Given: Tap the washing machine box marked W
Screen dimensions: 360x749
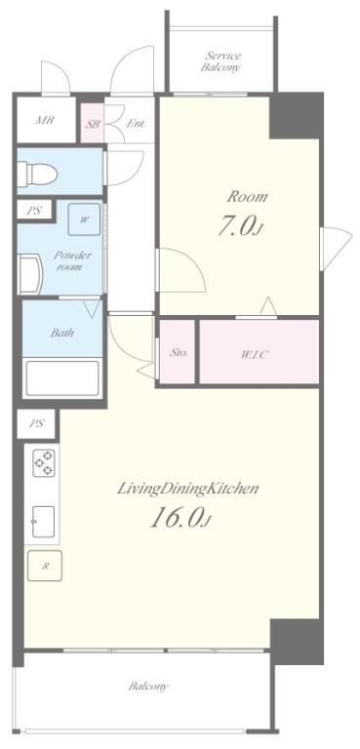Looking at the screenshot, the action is tap(84, 219).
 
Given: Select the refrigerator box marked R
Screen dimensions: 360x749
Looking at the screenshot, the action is tap(45, 566).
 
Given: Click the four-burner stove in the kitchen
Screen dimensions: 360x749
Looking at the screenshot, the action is tap(43, 463).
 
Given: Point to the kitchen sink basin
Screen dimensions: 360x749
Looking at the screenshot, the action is tap(43, 522).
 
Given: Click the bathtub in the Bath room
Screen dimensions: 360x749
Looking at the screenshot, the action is tap(62, 377).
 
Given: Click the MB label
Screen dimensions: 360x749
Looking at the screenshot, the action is tap(45, 120).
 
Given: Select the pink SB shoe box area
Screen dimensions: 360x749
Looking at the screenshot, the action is tap(93, 124).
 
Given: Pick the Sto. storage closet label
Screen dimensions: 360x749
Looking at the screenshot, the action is tap(178, 352).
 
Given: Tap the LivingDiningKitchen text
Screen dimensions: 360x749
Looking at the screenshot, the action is tap(188, 489).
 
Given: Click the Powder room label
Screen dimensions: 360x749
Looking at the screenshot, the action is tap(72, 260).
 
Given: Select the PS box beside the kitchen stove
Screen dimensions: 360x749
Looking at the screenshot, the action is tap(36, 423).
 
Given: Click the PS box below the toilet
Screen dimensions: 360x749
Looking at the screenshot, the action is tap(33, 211).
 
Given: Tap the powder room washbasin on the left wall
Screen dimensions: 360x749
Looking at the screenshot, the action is tap(29, 274).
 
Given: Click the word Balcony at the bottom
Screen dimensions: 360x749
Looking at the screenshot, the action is tap(148, 687).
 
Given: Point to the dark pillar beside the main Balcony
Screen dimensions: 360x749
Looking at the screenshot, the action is tap(297, 642).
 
